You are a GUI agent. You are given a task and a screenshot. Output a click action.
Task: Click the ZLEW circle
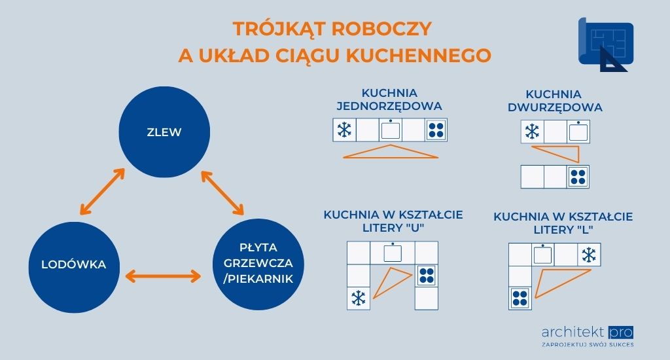coord(164,132)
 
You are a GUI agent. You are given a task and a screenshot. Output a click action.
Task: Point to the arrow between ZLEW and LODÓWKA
coord(101,191)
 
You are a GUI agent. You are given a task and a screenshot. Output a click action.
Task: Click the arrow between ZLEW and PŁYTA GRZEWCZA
coord(222,193)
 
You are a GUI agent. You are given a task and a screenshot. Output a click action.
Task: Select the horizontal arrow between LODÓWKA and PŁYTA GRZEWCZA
coord(163,276)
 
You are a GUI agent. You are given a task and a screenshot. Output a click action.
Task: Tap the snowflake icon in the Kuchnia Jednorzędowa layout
coord(344,130)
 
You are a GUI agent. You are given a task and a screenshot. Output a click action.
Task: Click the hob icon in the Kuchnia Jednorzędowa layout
coord(436,130)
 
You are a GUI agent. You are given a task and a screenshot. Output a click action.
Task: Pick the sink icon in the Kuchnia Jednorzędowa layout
coord(391,129)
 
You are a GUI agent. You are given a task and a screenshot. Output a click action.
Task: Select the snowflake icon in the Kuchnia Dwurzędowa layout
coord(533,132)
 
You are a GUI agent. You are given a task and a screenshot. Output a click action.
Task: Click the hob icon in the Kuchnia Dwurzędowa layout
coord(577,177)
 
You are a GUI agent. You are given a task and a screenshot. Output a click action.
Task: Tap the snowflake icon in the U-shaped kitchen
coord(358,298)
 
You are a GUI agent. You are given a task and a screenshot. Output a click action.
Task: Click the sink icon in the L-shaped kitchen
coord(542,255)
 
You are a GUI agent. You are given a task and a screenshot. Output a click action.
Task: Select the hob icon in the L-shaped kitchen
coord(520,298)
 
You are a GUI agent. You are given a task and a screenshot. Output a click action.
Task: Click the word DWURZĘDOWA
coord(555,107)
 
